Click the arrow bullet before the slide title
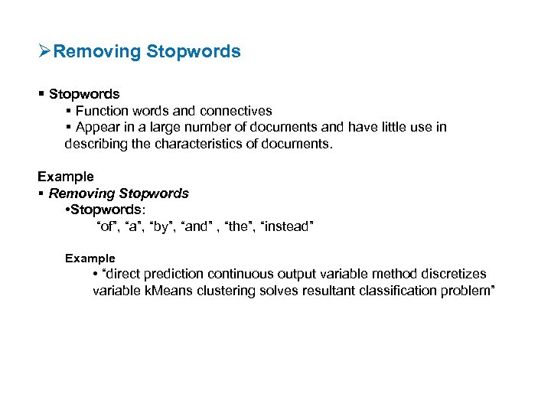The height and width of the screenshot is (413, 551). (45, 52)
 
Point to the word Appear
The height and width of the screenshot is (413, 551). (97, 127)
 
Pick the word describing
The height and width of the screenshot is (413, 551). (93, 143)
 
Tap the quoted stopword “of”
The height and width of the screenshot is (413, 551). (107, 226)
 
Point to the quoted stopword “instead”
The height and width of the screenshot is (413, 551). (287, 226)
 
